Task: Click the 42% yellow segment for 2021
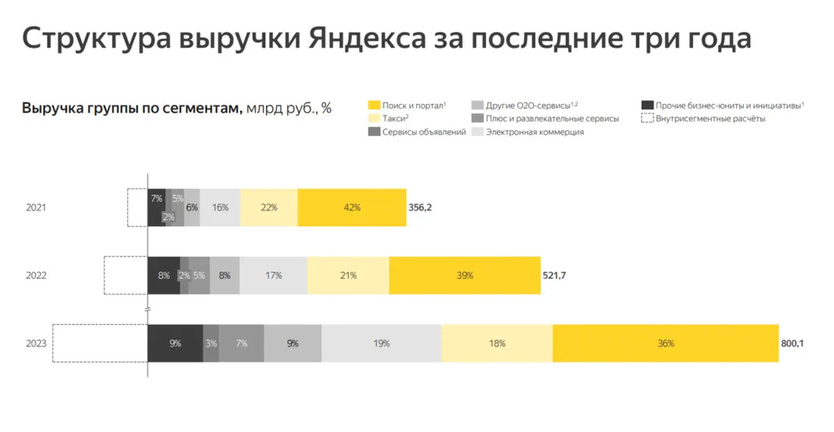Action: click(352, 207)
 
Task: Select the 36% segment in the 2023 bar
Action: click(665, 343)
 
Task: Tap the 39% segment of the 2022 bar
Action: click(464, 275)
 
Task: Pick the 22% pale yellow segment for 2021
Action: click(269, 207)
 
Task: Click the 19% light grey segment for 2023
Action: click(381, 343)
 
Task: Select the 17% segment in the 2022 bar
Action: click(273, 275)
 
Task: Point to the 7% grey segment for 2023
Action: click(241, 343)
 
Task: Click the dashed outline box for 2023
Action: click(100, 343)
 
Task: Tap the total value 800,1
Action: click(792, 343)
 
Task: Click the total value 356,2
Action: click(420, 207)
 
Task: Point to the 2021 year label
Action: click(36, 207)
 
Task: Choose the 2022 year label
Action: click(36, 275)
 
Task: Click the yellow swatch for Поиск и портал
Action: click(373, 106)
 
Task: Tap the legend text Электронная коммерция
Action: click(534, 132)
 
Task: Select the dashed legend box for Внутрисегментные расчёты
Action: click(647, 119)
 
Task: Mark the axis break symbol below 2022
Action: click(147, 309)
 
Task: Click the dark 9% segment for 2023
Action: click(175, 343)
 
